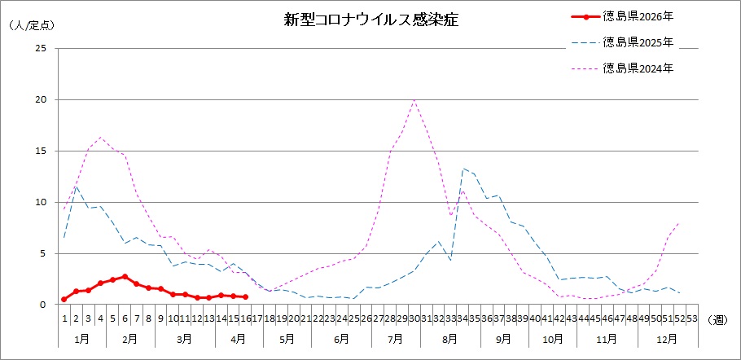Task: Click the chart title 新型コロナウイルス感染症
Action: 370,20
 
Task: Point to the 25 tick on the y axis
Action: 41,49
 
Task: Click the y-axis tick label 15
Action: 41,151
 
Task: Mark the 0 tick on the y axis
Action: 44,305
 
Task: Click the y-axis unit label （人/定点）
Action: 32,25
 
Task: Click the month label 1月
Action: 82,337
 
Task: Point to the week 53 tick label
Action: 692,318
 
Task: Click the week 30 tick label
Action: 414,318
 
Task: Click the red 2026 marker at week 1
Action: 64,299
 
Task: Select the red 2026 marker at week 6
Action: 125,277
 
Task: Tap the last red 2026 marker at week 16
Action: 245,296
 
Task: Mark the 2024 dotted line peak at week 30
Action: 414,99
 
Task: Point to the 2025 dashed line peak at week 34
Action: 463,169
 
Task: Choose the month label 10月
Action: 553,337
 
